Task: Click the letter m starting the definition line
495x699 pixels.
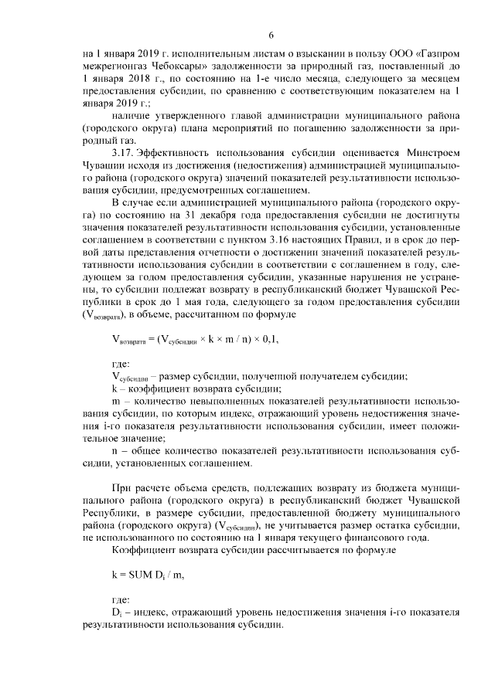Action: click(116, 402)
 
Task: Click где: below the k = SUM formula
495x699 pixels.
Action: click(122, 599)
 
